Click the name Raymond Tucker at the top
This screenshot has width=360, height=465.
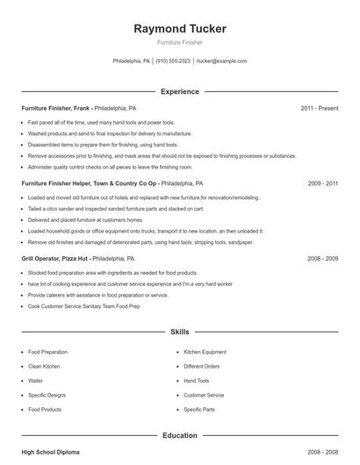pyautogui.click(x=180, y=29)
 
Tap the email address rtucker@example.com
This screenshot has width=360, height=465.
pyautogui.click(x=221, y=61)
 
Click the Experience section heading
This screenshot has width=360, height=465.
pyautogui.click(x=179, y=91)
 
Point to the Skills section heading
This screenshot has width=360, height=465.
pyautogui.click(x=179, y=333)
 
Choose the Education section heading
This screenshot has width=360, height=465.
pyautogui.click(x=179, y=435)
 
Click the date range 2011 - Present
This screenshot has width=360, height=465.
pyautogui.click(x=319, y=108)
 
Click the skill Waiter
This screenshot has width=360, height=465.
pyautogui.click(x=35, y=381)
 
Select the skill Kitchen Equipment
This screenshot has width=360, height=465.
pyautogui.click(x=205, y=352)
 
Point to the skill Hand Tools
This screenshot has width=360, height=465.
pyautogui.click(x=196, y=381)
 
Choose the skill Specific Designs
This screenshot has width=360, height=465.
pyautogui.click(x=47, y=395)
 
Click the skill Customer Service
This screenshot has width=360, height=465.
pyautogui.click(x=204, y=395)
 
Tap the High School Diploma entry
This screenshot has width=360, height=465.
pyautogui.click(x=50, y=452)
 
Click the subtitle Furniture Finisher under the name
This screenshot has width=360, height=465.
pyautogui.click(x=179, y=42)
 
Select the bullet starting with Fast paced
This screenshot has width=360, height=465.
pyautogui.click(x=101, y=123)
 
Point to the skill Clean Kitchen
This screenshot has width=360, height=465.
pyautogui.click(x=43, y=366)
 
